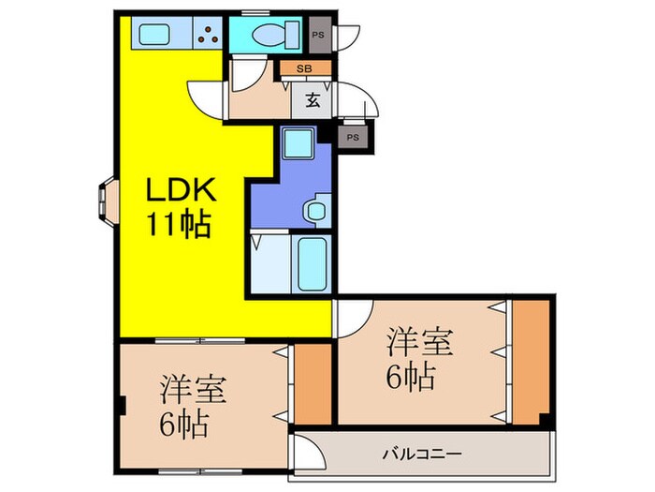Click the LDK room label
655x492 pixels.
(180, 191)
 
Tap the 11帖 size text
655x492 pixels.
(178, 225)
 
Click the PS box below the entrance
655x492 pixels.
(353, 137)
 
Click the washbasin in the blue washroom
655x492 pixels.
(315, 211)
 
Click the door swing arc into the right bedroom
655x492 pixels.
(354, 317)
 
